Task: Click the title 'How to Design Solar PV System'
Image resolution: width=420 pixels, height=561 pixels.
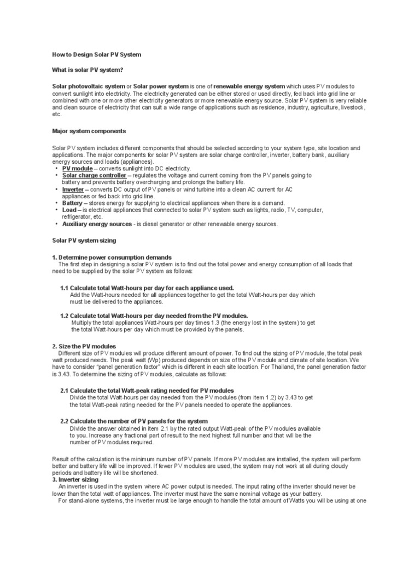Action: (x=96, y=55)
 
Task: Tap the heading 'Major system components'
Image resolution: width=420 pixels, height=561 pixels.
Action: (x=89, y=131)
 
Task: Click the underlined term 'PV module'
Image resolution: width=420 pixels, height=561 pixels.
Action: (x=78, y=168)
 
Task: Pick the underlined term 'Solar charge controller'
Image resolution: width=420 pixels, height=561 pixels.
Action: (x=95, y=175)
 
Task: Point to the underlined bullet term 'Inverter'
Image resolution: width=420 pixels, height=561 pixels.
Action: (x=73, y=189)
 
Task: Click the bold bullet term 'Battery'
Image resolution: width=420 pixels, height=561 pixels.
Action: (x=72, y=203)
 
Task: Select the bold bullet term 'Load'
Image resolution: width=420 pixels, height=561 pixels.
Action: (x=69, y=210)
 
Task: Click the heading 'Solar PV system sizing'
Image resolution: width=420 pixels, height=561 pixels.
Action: (x=84, y=241)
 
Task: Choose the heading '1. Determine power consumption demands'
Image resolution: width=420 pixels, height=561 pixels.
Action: (x=112, y=257)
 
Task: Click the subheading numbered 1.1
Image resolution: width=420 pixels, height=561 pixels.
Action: (x=147, y=288)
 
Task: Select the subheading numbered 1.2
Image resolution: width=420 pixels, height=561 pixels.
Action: (x=154, y=316)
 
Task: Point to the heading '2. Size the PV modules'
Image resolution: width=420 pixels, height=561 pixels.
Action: (x=84, y=346)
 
